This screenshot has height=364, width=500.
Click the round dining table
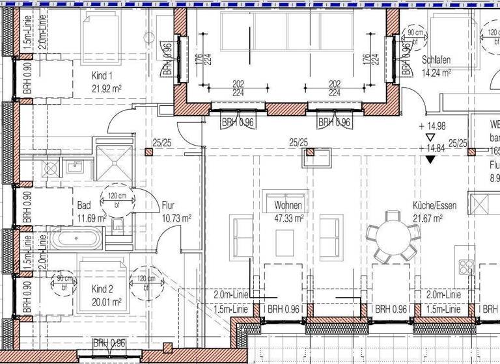pos(393,233)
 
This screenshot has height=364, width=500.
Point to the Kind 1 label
pos(103,75)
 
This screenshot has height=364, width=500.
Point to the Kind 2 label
pos(103,289)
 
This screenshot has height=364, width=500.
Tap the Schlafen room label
pos(436,60)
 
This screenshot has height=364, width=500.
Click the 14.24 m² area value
pos(437,73)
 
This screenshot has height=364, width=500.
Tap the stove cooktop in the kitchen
pos(466,266)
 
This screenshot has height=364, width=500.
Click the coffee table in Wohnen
pos(285,243)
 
